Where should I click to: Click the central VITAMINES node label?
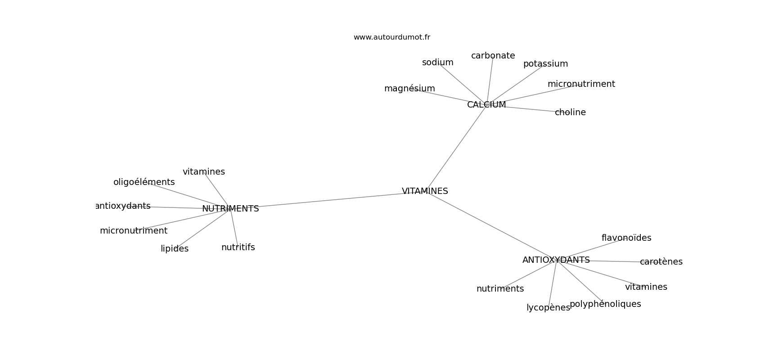pyautogui.click(x=425, y=191)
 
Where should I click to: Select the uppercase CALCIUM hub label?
pyautogui.click(x=486, y=105)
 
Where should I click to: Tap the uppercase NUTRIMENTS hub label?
pyautogui.click(x=230, y=209)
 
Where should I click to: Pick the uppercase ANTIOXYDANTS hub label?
pyautogui.click(x=556, y=260)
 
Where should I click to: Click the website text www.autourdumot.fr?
pyautogui.click(x=391, y=37)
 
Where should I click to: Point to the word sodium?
pyautogui.click(x=438, y=63)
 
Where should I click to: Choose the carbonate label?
pyautogui.click(x=493, y=56)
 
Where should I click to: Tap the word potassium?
pyautogui.click(x=546, y=64)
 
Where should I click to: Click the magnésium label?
pyautogui.click(x=409, y=89)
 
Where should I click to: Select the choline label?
pyautogui.click(x=570, y=112)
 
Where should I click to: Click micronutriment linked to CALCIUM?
pyautogui.click(x=581, y=84)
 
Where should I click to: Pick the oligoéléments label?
pyautogui.click(x=144, y=182)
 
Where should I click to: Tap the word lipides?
pyautogui.click(x=175, y=249)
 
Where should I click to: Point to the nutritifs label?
pyautogui.click(x=238, y=247)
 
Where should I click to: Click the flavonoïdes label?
pyautogui.click(x=626, y=238)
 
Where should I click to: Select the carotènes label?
pyautogui.click(x=661, y=261)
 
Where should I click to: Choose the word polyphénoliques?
pyautogui.click(x=605, y=304)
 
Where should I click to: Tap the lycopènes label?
pyautogui.click(x=549, y=308)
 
